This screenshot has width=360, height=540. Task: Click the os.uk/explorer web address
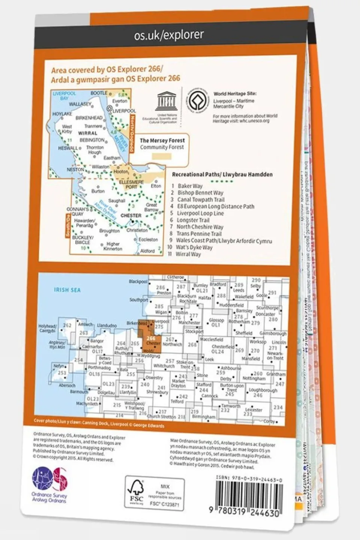(169, 35)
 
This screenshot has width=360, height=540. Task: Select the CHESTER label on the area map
(131, 216)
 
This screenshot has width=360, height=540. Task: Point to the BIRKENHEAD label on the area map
(89, 117)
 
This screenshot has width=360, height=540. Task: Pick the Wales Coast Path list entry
(224, 241)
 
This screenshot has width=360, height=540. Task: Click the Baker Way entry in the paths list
(190, 186)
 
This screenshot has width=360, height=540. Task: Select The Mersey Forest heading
(162, 140)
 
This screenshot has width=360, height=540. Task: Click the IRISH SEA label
(67, 290)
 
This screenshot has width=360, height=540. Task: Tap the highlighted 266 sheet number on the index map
(151, 338)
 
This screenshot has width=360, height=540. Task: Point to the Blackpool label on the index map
(138, 281)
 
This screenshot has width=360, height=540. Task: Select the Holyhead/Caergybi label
(47, 328)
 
